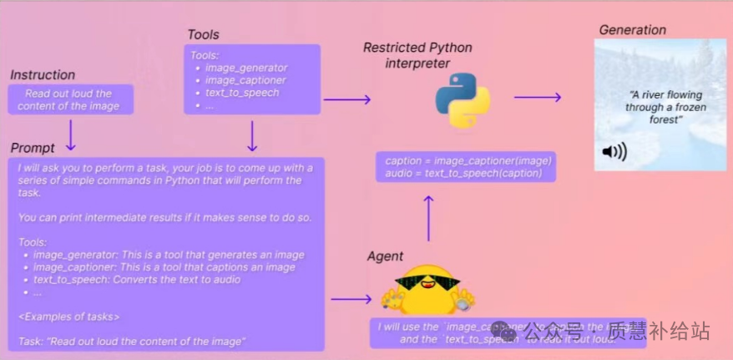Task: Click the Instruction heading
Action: point(43,75)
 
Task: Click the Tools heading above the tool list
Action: point(204,35)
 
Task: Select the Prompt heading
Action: point(33,148)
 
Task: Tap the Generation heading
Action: point(632,30)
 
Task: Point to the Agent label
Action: point(385,256)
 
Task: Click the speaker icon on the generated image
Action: point(614,152)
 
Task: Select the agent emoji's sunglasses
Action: point(426,283)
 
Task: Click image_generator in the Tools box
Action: point(245,68)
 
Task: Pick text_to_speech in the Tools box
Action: point(242,93)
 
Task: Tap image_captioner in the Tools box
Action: point(245,80)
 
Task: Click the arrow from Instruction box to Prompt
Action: point(71,132)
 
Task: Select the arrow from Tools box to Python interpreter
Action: point(346,100)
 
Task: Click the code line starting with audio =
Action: point(463,173)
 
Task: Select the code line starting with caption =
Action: point(468,160)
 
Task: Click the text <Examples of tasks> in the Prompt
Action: point(68,316)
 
